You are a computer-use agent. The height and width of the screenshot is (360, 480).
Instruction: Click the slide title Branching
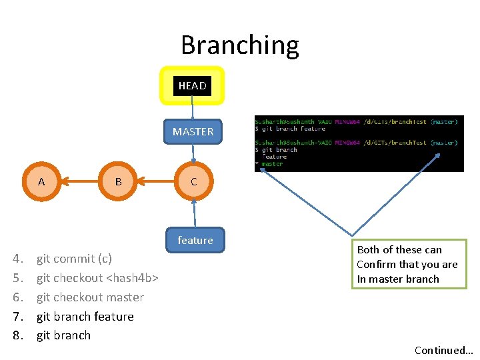(x=240, y=45)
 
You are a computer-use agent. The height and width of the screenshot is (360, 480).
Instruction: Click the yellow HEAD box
(x=192, y=86)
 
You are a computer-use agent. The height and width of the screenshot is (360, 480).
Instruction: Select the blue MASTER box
(x=193, y=132)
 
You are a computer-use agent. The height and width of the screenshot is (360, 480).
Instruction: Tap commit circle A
(x=41, y=181)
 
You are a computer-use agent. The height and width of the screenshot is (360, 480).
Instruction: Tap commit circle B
(x=118, y=181)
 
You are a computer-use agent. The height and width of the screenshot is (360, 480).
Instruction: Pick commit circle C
(x=193, y=181)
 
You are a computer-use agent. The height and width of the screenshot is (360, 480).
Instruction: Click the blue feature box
(x=195, y=241)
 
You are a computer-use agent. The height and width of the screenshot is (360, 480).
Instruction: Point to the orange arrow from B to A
(x=80, y=181)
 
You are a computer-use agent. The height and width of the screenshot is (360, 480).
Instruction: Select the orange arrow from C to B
(x=156, y=181)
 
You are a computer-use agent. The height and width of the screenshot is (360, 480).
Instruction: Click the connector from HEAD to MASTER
(x=192, y=109)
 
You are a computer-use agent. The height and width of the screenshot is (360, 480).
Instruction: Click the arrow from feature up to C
(x=194, y=213)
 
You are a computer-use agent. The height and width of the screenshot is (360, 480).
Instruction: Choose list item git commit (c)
(x=74, y=259)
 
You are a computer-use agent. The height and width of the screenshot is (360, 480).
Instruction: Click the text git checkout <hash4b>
(x=97, y=278)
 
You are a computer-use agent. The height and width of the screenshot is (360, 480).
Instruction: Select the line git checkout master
(x=90, y=297)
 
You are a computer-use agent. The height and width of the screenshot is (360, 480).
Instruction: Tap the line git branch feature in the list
(x=85, y=317)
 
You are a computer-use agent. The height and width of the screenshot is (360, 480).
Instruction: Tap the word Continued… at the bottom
(x=443, y=350)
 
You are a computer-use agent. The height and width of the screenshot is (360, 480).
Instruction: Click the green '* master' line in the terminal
(x=271, y=164)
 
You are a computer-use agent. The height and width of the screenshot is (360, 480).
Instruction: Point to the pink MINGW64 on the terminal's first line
(x=348, y=121)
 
